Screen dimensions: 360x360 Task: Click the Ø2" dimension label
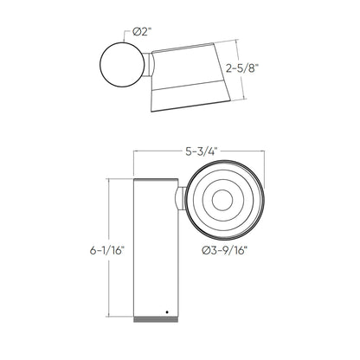[x=144, y=33]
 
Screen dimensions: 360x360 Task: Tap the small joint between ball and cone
[x=151, y=64]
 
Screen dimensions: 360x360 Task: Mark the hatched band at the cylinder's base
[x=156, y=320]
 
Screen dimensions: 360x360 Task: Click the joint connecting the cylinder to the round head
[x=179, y=201]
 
